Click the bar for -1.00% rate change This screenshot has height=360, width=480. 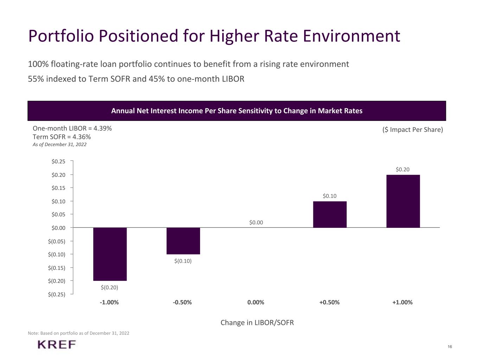pos(110,254)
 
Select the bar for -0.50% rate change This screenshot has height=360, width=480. pos(183,241)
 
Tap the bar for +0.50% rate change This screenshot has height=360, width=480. pos(330,214)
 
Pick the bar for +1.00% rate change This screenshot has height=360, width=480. pos(403,201)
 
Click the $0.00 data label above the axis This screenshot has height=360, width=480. pos(256,223)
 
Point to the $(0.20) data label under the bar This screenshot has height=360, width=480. pos(109,288)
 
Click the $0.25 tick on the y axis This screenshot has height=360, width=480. pos(58,162)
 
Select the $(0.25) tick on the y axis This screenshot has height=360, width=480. pos(57,294)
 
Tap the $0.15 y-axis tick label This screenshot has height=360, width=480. pos(58,188)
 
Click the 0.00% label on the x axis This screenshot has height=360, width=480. pos(256,302)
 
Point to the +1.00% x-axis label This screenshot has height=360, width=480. pos(402,302)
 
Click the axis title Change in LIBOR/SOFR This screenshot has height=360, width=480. pos(257,323)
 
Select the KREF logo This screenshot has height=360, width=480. pos(57,345)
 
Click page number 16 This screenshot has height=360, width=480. pos(450,347)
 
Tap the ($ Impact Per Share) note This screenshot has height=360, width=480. pos(412,130)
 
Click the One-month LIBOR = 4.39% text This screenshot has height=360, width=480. pos(72,128)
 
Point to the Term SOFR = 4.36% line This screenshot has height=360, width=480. pos(62,137)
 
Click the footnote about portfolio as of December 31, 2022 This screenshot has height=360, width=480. pos(78,333)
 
